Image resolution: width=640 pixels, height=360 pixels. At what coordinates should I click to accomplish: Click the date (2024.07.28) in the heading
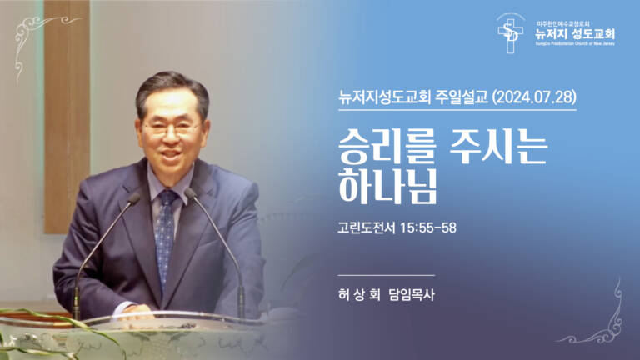click(x=534, y=96)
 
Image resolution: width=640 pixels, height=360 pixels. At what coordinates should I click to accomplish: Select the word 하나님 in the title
click(x=387, y=187)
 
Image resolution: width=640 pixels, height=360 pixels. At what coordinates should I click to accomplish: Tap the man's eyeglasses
click(x=171, y=130)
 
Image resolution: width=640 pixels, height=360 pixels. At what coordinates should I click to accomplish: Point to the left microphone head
click(x=133, y=197)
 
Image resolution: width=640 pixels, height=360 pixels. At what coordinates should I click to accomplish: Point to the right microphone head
click(x=191, y=194)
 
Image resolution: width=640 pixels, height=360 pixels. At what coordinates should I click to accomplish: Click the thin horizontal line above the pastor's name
click(x=387, y=274)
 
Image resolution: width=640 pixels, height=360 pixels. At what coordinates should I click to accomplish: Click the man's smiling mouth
click(x=172, y=157)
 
